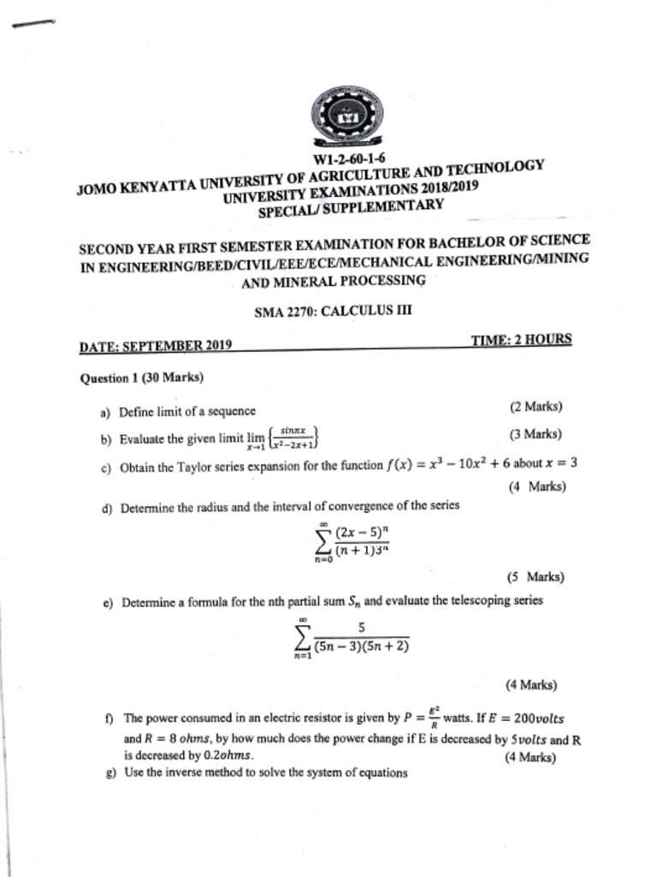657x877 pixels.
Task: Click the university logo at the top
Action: [x=347, y=116]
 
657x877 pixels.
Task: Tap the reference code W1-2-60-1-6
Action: [x=349, y=159]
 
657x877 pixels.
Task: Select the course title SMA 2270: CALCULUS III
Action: [x=333, y=312]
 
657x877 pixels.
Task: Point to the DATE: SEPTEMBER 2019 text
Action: [x=156, y=347]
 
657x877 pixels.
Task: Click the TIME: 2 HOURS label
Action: [x=521, y=340]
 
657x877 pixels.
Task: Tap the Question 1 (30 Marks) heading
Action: [x=141, y=378]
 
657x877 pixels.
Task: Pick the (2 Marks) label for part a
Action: [x=536, y=407]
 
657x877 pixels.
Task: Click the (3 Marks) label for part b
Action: [x=535, y=434]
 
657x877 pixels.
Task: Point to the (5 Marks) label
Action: [x=535, y=577]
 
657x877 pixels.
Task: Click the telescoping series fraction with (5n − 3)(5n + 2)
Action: [x=362, y=638]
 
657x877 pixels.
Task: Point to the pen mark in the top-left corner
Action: [x=33, y=24]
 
